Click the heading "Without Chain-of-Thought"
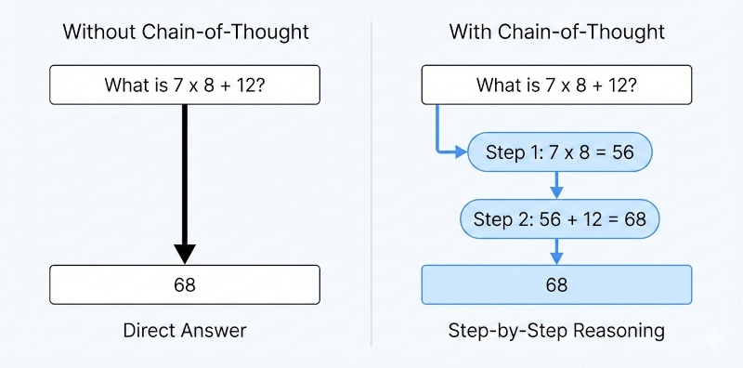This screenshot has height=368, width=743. click(x=185, y=32)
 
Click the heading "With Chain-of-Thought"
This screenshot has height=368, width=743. click(x=556, y=32)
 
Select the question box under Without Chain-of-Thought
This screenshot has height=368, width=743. click(x=185, y=85)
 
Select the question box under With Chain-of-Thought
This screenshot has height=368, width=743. click(x=556, y=85)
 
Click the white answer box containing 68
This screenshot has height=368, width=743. click(x=185, y=284)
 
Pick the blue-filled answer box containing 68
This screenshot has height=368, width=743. click(x=556, y=284)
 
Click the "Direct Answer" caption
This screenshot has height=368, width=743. click(x=185, y=330)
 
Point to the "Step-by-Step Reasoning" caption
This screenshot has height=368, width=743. click(x=556, y=330)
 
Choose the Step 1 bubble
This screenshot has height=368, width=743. click(x=560, y=152)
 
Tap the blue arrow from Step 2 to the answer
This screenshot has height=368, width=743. click(x=556, y=251)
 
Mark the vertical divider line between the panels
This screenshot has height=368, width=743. click(x=371, y=186)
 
